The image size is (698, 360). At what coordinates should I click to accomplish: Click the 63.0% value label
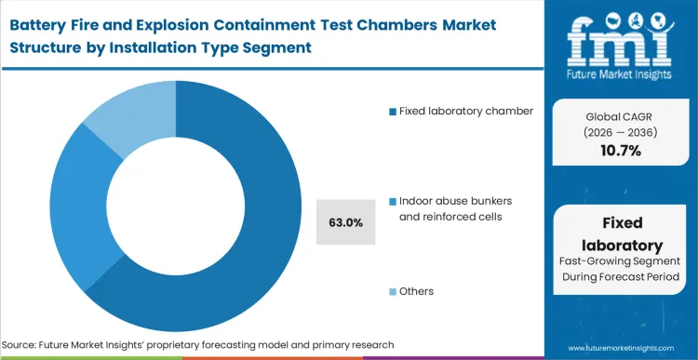[x=345, y=222]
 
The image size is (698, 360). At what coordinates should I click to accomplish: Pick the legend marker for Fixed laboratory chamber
[x=392, y=112]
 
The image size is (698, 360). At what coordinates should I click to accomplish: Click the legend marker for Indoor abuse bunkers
[x=392, y=201]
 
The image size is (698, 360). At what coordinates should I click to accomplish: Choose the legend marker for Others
[x=392, y=291]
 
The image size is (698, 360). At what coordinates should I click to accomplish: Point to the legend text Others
[x=416, y=291]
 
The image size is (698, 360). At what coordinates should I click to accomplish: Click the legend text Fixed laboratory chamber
[x=465, y=112]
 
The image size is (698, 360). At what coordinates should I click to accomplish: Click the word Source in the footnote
[x=25, y=344]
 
